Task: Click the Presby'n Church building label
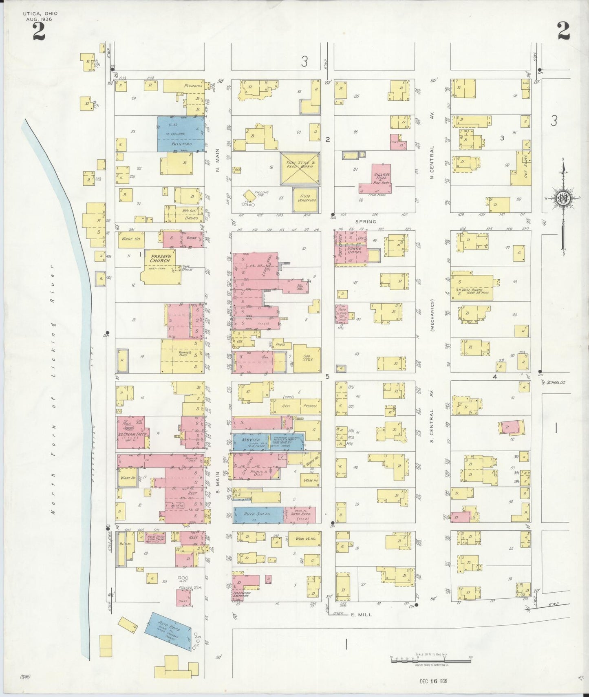(x=160, y=258)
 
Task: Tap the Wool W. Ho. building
(x=304, y=539)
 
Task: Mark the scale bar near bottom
(x=431, y=660)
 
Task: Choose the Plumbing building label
(x=191, y=86)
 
